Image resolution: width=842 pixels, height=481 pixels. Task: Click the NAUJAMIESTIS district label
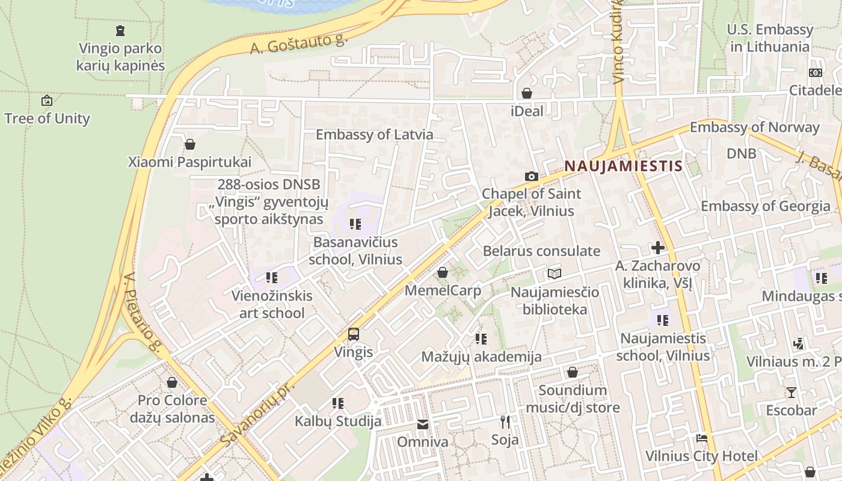pos(623,166)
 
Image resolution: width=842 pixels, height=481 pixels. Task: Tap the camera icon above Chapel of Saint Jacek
pos(531,176)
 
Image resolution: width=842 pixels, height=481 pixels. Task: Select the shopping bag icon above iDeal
pos(527,93)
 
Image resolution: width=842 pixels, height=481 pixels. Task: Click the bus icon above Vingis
pos(354,334)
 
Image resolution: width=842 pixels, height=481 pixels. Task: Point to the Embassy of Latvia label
pos(374,134)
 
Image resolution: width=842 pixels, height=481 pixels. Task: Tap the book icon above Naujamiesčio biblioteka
pos(555,274)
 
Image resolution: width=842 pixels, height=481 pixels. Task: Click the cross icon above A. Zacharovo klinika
pos(657,247)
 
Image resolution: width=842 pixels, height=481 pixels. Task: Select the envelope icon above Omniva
pos(423,425)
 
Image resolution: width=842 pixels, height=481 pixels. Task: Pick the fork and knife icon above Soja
pos(505,422)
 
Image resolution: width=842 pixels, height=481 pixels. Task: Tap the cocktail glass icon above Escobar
pos(791,393)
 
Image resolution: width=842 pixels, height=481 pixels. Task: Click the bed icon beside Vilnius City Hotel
pos(701,438)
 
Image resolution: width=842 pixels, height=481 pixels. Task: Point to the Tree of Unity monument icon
pos(46,100)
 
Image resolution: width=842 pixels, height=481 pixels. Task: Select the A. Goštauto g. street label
pos(299,43)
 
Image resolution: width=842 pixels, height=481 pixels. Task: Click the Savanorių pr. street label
pos(255,414)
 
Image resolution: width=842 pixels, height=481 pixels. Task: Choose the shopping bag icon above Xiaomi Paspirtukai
pos(190,144)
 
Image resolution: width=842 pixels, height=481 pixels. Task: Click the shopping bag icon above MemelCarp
pos(443,273)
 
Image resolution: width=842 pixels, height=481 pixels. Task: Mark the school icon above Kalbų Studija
pos(338,403)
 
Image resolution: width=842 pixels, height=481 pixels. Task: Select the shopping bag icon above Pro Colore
pos(172,382)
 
